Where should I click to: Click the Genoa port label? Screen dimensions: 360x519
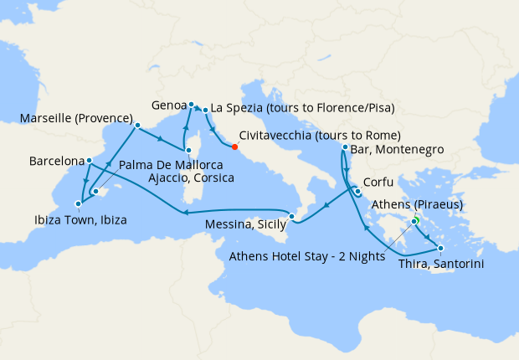tap(171, 106)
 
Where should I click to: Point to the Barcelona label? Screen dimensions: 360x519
tap(56, 159)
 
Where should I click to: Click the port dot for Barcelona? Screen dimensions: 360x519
tap(90, 159)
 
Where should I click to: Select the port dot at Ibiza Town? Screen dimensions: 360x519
tap(78, 203)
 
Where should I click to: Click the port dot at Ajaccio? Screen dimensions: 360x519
tap(190, 151)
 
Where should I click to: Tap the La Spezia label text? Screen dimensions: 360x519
tap(302, 107)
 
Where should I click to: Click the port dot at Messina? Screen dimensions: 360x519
tap(291, 218)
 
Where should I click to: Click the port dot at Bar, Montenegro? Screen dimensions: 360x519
tap(345, 148)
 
